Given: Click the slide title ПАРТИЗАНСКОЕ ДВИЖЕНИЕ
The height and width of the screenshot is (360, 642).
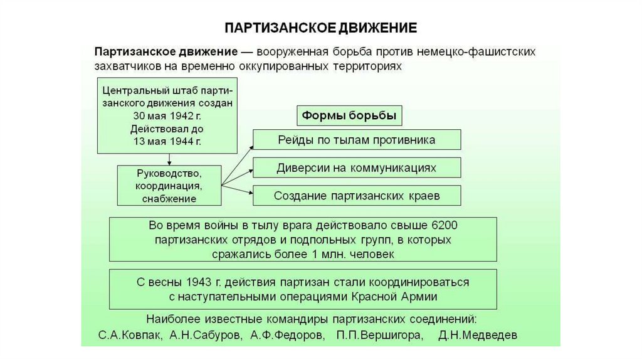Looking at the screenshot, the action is pyautogui.click(x=320, y=28).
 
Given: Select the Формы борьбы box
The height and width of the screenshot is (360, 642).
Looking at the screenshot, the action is pyautogui.click(x=349, y=116).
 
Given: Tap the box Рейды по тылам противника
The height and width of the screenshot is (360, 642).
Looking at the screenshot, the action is pyautogui.click(x=357, y=139).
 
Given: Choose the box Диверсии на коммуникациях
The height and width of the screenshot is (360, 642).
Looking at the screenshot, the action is pyautogui.click(x=357, y=167).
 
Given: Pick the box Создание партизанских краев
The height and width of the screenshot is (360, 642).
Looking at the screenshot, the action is pyautogui.click(x=357, y=195).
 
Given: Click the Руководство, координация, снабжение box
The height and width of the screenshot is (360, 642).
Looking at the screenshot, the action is pyautogui.click(x=169, y=185).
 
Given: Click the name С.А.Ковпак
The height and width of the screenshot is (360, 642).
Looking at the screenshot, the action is pyautogui.click(x=130, y=335).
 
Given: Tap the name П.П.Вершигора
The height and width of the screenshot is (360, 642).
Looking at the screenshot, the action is pyautogui.click(x=379, y=335).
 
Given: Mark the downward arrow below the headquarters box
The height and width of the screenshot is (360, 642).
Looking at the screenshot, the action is pyautogui.click(x=169, y=159).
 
